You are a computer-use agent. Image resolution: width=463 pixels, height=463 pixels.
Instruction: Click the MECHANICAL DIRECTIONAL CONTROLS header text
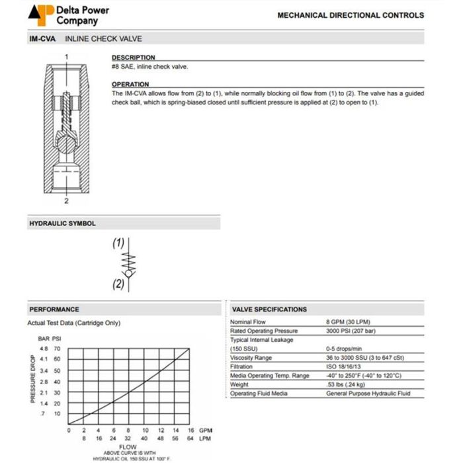(351, 15)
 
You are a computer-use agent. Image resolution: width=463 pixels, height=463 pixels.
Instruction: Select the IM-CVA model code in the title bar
(42, 39)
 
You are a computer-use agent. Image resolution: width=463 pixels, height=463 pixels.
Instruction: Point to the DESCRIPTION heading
(133, 58)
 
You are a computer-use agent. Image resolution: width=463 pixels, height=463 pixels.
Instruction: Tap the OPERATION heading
(130, 85)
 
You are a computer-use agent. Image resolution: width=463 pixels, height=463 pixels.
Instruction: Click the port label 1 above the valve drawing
(66, 58)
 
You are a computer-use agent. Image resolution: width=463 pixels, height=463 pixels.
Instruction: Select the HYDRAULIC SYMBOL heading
(62, 224)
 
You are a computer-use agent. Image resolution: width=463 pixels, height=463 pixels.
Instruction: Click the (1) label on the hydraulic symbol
(118, 243)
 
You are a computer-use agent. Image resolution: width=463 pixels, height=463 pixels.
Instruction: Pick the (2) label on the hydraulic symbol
(118, 284)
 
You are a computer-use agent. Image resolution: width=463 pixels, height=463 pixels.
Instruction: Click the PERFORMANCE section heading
(54, 309)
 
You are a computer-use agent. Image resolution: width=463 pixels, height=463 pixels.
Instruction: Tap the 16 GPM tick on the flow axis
(190, 430)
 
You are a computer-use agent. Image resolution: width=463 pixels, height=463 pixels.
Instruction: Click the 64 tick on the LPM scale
(190, 438)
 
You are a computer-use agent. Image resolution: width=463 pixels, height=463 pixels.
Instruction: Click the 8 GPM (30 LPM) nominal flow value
(349, 322)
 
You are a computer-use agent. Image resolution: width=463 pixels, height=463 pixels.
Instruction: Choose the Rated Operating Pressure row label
(264, 331)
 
